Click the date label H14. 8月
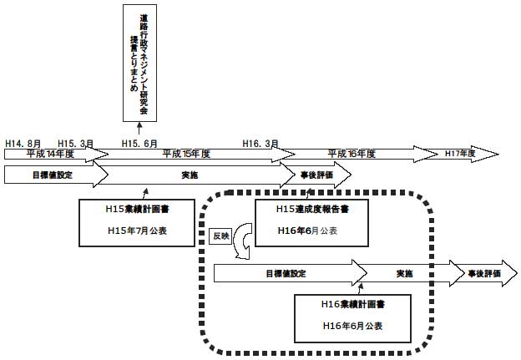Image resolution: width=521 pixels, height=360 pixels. tap(23, 144)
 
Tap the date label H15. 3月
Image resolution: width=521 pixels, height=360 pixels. tap(76, 144)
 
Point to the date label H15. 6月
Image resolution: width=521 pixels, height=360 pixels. tap(139, 144)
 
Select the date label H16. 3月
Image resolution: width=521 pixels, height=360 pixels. tap(260, 144)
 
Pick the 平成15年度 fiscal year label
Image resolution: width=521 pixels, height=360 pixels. tap(186, 155)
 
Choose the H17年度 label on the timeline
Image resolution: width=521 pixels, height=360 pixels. tap(460, 155)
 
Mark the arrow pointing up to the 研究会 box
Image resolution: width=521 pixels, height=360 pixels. tap(139, 127)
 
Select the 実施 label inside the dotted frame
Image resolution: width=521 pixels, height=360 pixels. tap(405, 273)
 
